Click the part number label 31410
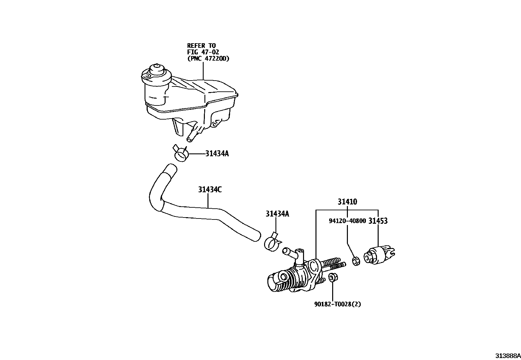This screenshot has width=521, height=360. tap(347, 202)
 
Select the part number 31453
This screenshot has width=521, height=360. tap(378, 221)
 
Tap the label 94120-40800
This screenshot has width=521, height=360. tap(347, 221)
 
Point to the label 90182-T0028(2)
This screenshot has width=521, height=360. tap(338, 304)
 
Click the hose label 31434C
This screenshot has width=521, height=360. tap(210, 189)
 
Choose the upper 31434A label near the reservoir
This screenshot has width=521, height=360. tap(217, 153)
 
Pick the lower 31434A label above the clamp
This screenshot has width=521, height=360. tap(277, 214)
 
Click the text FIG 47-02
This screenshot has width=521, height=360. tap(203, 52)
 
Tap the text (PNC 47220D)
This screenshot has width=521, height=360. tap(208, 59)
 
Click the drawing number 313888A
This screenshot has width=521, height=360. tap(508, 356)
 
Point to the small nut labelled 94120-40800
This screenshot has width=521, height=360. tap(356, 261)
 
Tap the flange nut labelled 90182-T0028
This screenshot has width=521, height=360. tap(332, 277)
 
